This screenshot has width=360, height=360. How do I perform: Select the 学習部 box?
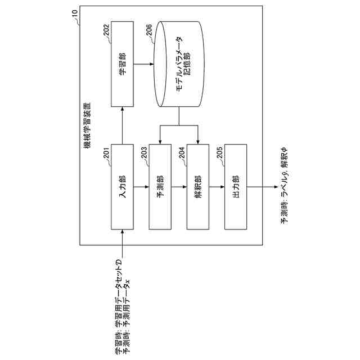coord(123,64)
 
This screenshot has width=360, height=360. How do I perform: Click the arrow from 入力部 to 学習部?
coord(123,125)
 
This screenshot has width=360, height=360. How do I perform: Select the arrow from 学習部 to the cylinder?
coord(145,64)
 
